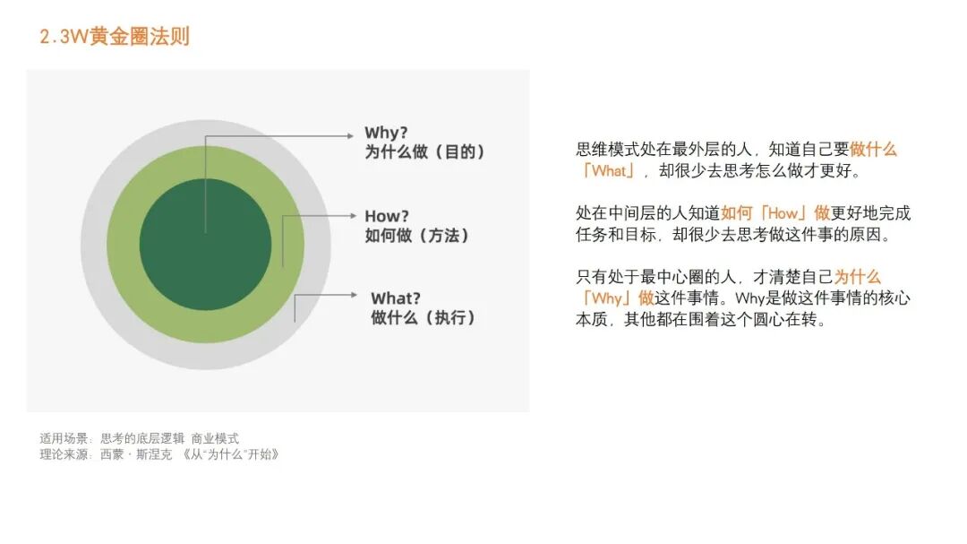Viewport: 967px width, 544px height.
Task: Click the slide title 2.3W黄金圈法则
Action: (115, 37)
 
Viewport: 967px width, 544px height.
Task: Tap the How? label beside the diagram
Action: (387, 216)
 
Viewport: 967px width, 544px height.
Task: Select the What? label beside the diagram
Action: (396, 298)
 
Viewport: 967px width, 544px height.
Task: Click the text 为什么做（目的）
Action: (425, 152)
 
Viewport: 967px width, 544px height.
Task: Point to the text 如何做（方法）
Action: (417, 236)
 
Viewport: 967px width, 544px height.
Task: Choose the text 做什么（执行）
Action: (424, 318)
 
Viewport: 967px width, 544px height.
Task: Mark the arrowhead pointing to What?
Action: (355, 294)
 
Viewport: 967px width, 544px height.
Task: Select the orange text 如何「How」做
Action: (775, 213)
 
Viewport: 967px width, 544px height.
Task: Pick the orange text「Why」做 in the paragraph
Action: (615, 298)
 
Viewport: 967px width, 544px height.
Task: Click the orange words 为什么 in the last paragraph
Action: (857, 278)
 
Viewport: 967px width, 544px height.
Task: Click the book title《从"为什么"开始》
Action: (230, 454)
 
